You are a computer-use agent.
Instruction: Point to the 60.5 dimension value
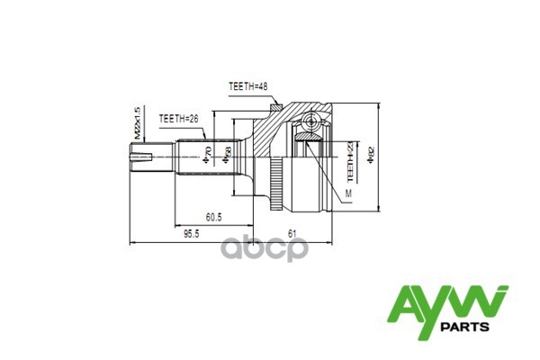click(213, 217)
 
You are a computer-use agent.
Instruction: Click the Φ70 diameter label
click(208, 155)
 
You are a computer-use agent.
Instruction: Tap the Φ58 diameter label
click(227, 155)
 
